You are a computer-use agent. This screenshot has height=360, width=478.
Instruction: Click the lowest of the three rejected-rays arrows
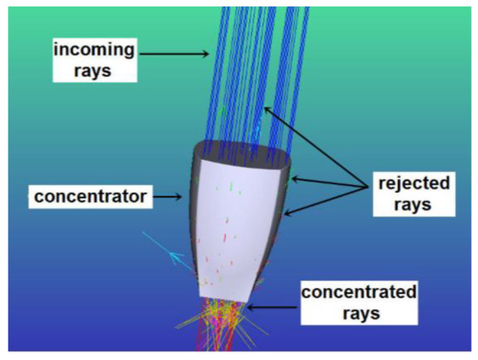click(x=326, y=203)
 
